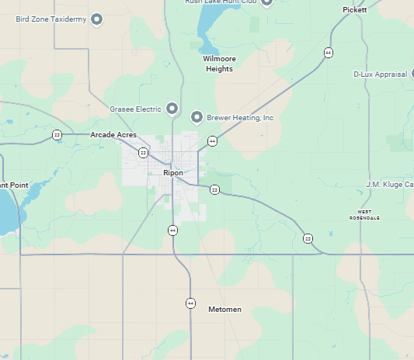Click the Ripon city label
coord(173,172)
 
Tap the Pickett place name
coord(354,9)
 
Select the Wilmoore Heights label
coord(218,64)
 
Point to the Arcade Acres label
coord(113,135)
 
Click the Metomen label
coord(225,310)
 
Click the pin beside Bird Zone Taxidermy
coord(97,19)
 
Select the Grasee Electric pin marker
coord(172,109)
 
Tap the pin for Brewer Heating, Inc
coord(197,117)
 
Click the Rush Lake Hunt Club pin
coord(267,2)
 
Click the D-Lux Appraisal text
coord(380,74)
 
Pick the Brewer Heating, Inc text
coord(240,118)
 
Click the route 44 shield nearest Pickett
coord(329,53)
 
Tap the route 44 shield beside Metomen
coord(190,303)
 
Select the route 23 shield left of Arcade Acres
coord(57,135)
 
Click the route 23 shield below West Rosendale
coord(308,237)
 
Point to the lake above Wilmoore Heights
coord(206,31)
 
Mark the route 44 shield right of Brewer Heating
coord(212,141)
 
